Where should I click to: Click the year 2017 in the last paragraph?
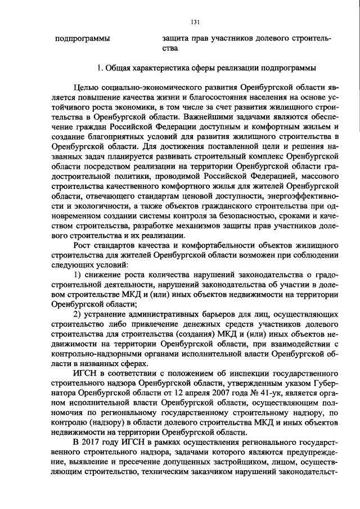(92, 440)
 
